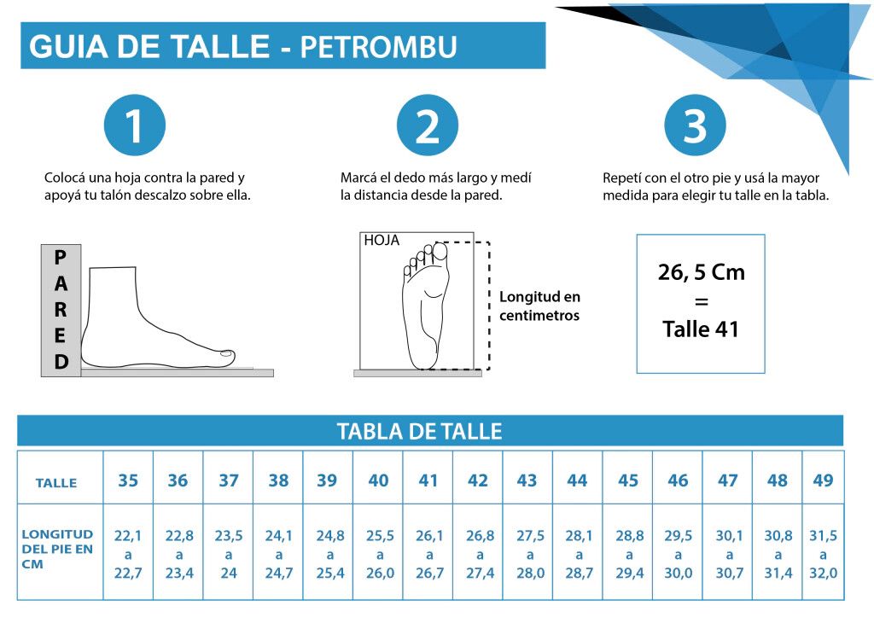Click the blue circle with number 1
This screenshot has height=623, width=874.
point(135,125)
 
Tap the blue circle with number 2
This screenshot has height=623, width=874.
point(428,125)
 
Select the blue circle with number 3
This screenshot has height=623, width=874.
point(695,125)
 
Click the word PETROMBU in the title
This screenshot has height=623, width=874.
point(379,47)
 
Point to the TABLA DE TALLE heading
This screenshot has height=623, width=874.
point(419,431)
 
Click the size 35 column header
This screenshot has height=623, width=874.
point(128,480)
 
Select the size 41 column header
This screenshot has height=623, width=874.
point(428,480)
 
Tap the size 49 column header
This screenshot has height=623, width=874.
point(824,480)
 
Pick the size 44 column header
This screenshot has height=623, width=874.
point(578,480)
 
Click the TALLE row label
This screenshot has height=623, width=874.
point(56,483)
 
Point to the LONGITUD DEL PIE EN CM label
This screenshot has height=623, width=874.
point(57,549)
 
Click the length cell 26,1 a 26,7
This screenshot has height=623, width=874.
point(429,555)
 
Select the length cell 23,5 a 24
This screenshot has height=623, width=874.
point(229,555)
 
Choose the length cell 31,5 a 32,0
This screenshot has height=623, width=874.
point(824,555)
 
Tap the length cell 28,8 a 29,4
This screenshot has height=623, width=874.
point(629,555)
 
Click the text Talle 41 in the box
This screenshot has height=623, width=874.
point(701,329)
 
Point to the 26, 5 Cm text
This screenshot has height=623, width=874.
point(702,272)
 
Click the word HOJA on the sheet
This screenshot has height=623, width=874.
point(382,240)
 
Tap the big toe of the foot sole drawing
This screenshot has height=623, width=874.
point(440,251)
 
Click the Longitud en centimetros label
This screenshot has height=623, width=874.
point(539,306)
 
